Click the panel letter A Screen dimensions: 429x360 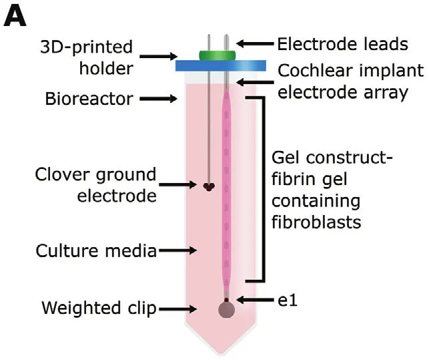[15, 16]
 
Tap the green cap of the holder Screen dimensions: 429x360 [218, 55]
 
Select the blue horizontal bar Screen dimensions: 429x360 [221, 65]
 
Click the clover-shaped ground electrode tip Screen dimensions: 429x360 [209, 186]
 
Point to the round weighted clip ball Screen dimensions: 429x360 [227, 310]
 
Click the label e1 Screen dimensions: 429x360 [288, 301]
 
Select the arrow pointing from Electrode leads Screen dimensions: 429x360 [255, 43]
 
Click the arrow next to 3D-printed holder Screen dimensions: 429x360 [159, 56]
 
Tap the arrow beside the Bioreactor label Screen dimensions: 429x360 [159, 99]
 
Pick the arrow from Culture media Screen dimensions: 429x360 [178, 250]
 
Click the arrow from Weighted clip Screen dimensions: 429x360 [178, 309]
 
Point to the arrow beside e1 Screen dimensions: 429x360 [255, 300]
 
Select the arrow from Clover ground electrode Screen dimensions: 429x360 [178, 184]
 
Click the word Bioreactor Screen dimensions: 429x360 [89, 99]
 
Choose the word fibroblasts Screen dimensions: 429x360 [316, 222]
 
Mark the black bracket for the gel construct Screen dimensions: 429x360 [264, 189]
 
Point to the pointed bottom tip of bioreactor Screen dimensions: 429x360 [221, 354]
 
